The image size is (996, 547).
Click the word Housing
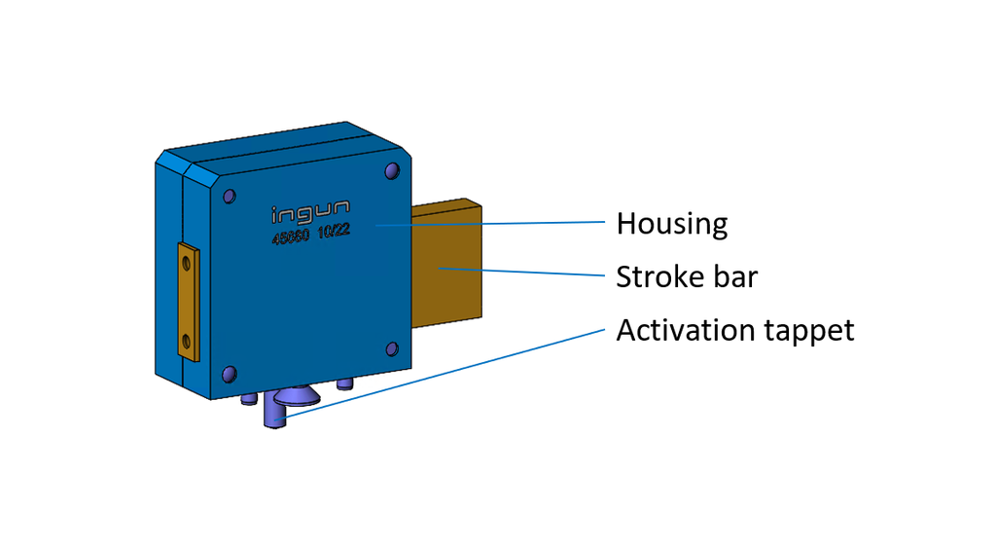[x=671, y=225]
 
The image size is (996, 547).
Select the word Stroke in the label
[x=649, y=277]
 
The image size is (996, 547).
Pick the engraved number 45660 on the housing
[x=291, y=237]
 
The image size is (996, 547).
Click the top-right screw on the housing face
[x=391, y=171]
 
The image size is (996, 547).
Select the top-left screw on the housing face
[x=229, y=196]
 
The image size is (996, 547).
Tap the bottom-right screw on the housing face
[x=391, y=349]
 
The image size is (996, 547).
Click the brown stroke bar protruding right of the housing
[x=448, y=263]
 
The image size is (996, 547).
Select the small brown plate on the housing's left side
[x=188, y=303]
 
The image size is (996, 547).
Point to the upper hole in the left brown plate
[x=186, y=261]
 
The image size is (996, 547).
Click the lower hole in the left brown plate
[x=186, y=342]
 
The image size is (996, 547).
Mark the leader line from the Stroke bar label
[x=525, y=272]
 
